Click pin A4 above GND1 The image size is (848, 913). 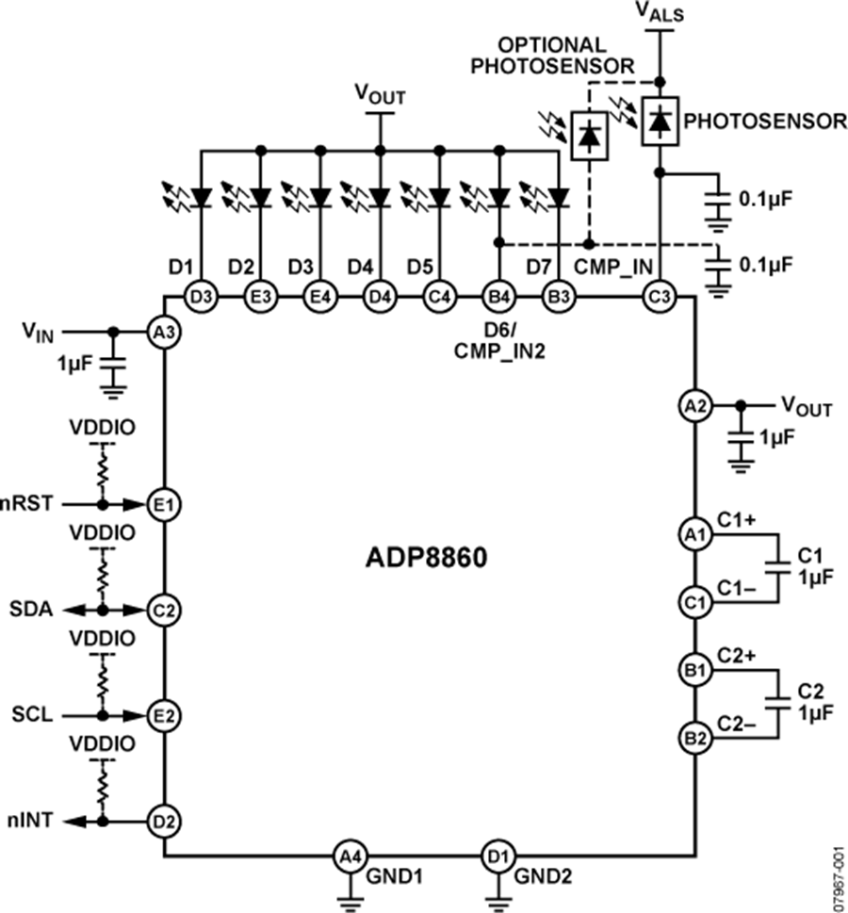(x=350, y=856)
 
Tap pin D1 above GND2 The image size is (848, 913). (x=495, y=856)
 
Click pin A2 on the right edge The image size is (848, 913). (x=694, y=406)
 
